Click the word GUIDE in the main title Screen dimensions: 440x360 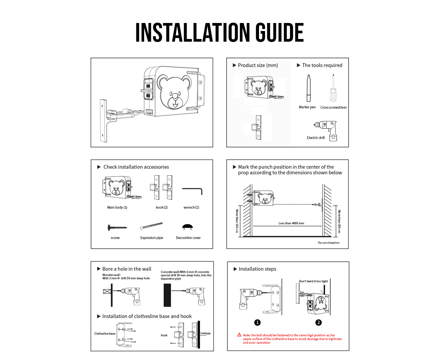point(279,32)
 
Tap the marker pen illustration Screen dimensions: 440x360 point(308,88)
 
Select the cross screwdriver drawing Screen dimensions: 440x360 point(333,88)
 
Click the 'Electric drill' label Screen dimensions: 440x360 point(315,138)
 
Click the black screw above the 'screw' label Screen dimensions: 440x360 point(117,227)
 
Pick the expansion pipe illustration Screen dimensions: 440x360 point(152,226)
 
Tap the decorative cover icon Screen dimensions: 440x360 point(187,227)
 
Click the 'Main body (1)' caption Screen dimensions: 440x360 point(117,207)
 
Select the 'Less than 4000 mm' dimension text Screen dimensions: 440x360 point(291,223)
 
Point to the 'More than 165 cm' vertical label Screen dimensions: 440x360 point(237,221)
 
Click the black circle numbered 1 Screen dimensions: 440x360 point(257,322)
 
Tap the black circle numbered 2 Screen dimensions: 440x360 point(318,322)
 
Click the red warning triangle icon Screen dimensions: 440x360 point(239,335)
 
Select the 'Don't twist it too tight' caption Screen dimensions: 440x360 point(313,281)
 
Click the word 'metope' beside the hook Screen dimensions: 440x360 point(205,333)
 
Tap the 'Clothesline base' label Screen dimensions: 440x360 point(105,333)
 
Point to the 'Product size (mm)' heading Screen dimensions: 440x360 point(258,65)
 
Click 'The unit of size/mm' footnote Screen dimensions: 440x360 point(328,243)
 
